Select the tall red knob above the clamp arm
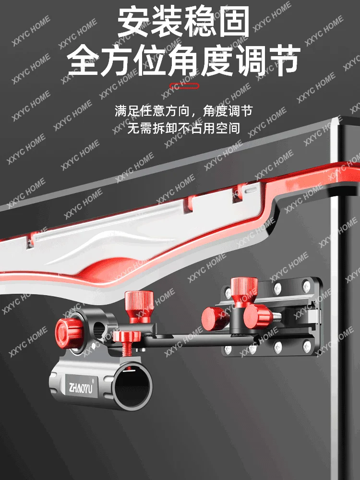point(139,306)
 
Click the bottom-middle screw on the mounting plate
point(277,346)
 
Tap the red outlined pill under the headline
point(180,87)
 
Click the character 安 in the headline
point(135,23)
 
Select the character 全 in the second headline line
point(85,60)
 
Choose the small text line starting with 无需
point(183,128)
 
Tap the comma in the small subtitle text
point(195,114)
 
